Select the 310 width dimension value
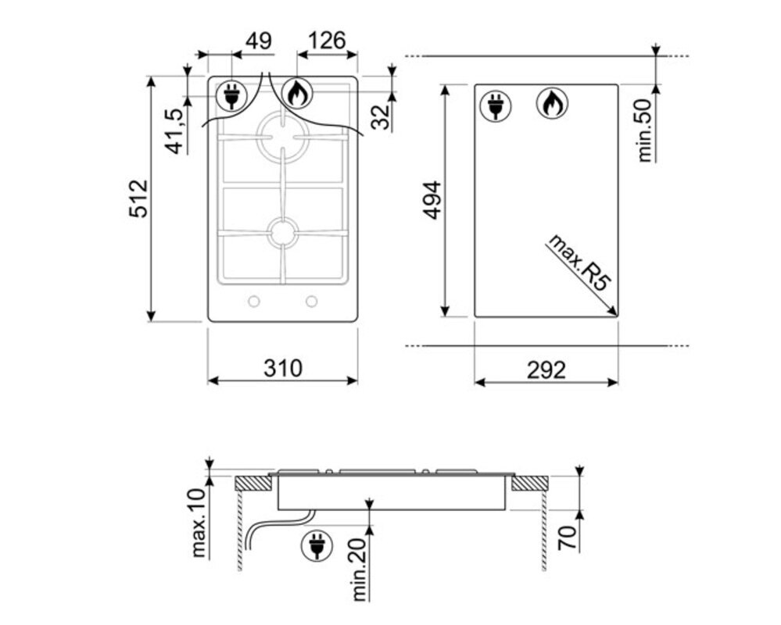(x=282, y=369)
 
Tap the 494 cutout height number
(x=432, y=200)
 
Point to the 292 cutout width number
(x=546, y=370)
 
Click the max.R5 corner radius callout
(x=579, y=262)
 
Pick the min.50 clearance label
(x=644, y=130)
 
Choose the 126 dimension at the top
(x=327, y=41)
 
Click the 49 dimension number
(x=259, y=41)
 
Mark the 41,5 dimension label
(x=175, y=131)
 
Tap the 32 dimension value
(x=382, y=117)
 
